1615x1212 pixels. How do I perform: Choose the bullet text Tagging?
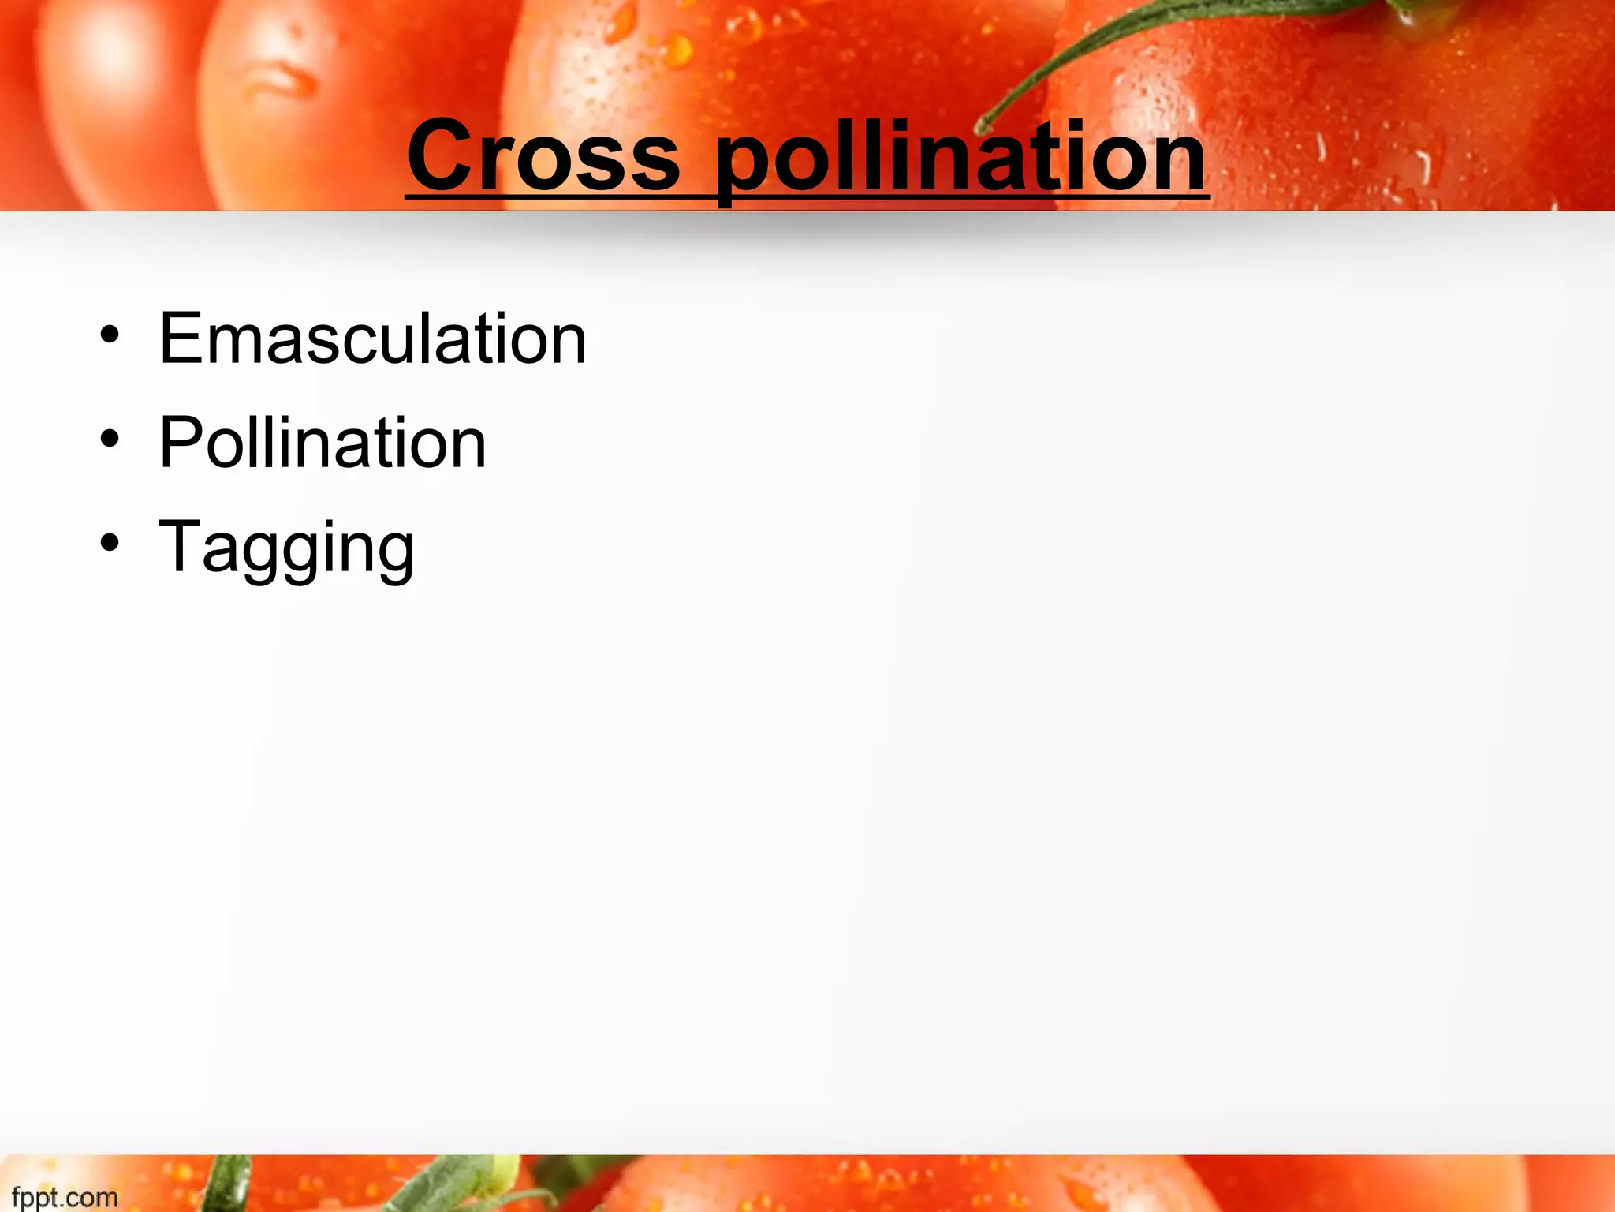tap(287, 548)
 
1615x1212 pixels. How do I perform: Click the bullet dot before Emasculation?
tap(110, 335)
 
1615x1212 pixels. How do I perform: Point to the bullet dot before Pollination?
tap(110, 439)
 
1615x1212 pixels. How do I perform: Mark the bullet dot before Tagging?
tap(110, 543)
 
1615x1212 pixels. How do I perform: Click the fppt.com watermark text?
tap(65, 1197)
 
